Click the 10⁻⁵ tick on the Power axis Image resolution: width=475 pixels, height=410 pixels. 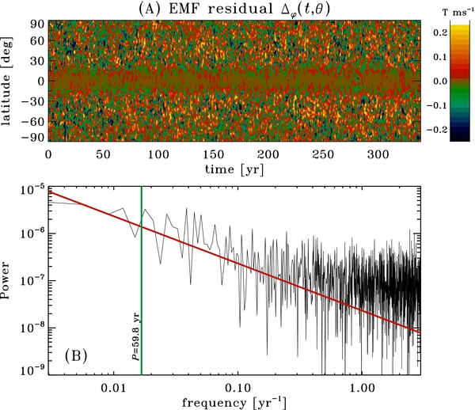point(32,188)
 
